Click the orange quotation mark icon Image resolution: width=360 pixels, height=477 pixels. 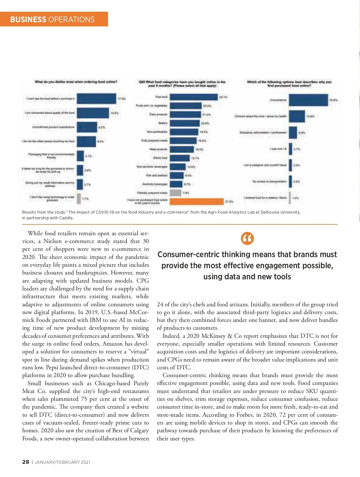coord(247,238)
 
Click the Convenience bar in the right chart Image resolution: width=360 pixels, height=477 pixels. coord(308,100)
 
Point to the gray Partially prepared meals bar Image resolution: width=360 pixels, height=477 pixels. coord(175,193)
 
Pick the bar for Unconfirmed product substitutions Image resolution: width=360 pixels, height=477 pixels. coord(87,127)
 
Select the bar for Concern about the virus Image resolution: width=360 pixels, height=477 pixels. coord(297,116)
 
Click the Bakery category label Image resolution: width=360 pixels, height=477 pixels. coord(163,123)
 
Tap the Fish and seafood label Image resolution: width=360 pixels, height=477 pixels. coord(161,175)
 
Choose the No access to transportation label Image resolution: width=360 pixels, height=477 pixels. coord(269,181)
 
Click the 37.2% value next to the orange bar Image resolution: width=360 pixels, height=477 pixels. coord(229,202)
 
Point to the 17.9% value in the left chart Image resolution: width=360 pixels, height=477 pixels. coord(121,99)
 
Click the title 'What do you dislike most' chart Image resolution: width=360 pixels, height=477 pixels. coord(76,82)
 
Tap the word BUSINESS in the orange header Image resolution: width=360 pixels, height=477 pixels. coord(28,19)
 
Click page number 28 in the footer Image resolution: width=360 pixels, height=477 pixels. coord(25,462)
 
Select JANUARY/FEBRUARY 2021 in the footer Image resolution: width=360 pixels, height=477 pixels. coord(62,462)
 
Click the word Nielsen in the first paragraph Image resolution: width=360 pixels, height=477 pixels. coord(52,241)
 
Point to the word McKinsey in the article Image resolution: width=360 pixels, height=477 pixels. coord(213,336)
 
